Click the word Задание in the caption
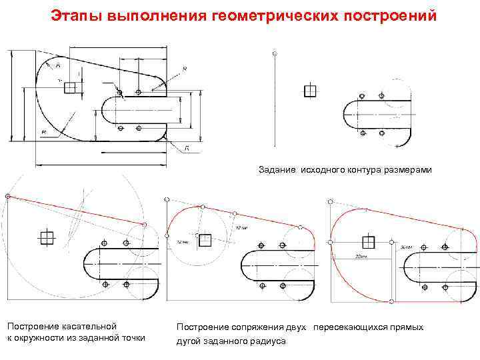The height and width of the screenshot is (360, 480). point(277,171)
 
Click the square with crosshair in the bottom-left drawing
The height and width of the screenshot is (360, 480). point(46,238)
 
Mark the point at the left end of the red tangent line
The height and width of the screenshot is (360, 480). point(7,196)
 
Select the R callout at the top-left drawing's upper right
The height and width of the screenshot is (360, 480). point(184,69)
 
